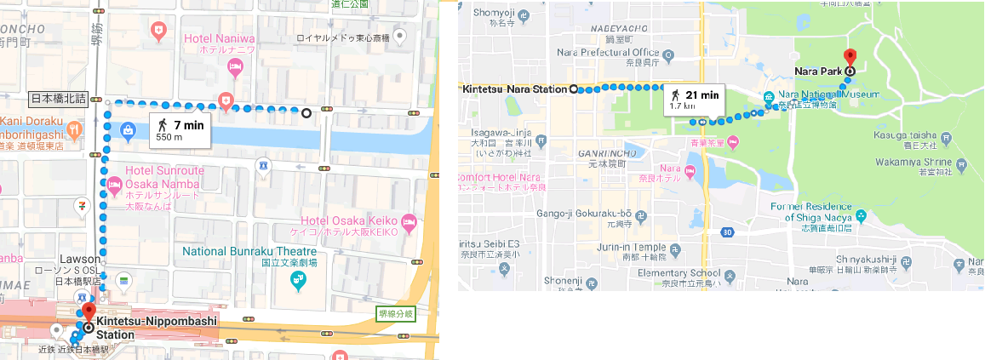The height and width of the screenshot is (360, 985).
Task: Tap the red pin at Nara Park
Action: [848, 59]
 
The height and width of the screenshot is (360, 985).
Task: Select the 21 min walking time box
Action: [695, 100]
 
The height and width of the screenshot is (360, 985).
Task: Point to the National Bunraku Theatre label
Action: [249, 252]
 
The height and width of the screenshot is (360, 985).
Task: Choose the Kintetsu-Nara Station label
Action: [515, 88]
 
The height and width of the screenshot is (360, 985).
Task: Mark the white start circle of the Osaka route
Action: [306, 111]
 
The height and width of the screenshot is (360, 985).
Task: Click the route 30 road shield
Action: [726, 231]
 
